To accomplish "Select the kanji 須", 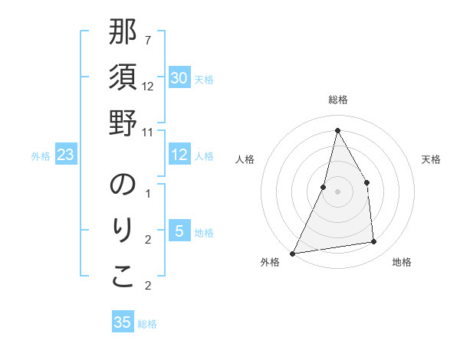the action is [x=123, y=78].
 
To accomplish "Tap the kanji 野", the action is [x=123, y=123].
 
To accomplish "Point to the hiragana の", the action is [x=123, y=186].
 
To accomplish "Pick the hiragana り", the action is [x=123, y=231].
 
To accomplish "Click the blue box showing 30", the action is [x=179, y=78].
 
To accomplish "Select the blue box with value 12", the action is [x=179, y=155].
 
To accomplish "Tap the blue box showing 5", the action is [x=179, y=232].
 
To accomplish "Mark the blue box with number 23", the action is [x=66, y=155].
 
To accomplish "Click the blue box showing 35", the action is [x=123, y=322].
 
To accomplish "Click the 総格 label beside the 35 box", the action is [x=147, y=324].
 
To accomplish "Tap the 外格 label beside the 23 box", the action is [x=41, y=156].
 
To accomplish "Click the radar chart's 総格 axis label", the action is [x=337, y=100].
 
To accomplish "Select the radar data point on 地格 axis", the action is [x=374, y=242].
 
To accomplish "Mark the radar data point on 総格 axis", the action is [x=337, y=130].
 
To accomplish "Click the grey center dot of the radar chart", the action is [x=337, y=191].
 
